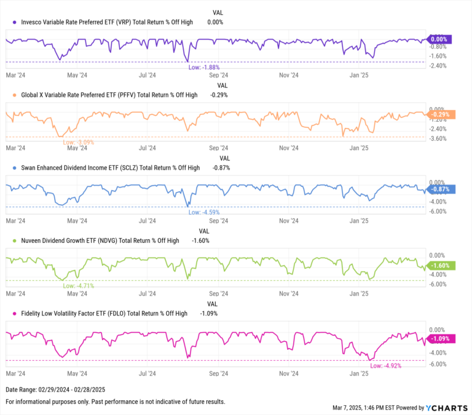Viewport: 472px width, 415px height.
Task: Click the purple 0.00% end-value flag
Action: tap(438, 39)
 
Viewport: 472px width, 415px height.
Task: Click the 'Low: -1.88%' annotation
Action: tap(204, 67)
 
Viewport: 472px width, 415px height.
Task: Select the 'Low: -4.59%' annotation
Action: tap(204, 212)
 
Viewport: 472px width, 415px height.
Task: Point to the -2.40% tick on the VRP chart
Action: tap(438, 66)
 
